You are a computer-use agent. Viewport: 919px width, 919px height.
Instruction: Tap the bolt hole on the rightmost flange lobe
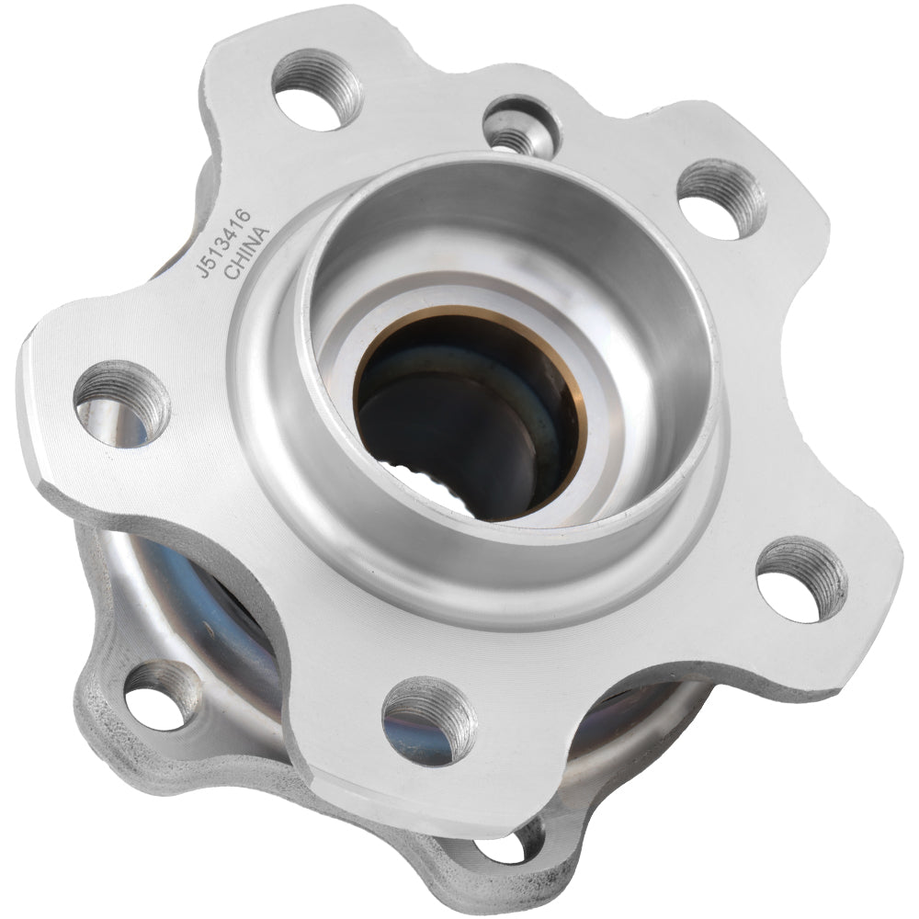tap(801, 580)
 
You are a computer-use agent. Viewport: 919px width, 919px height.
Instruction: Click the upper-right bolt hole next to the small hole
tap(721, 197)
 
